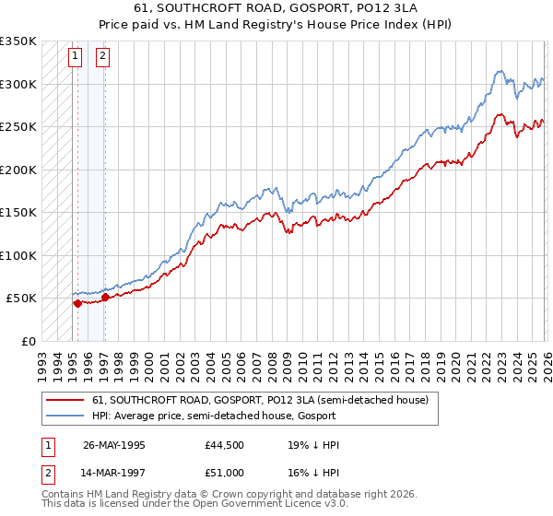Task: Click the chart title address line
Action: coord(276,8)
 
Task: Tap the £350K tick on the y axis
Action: coord(18,41)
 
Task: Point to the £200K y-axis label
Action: coord(18,170)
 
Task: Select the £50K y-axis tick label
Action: coord(22,299)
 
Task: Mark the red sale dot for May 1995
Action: coord(77,303)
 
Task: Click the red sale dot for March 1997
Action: coord(105,298)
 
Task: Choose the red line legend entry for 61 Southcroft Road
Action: coord(260,401)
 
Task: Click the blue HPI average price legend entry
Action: coord(220,416)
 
